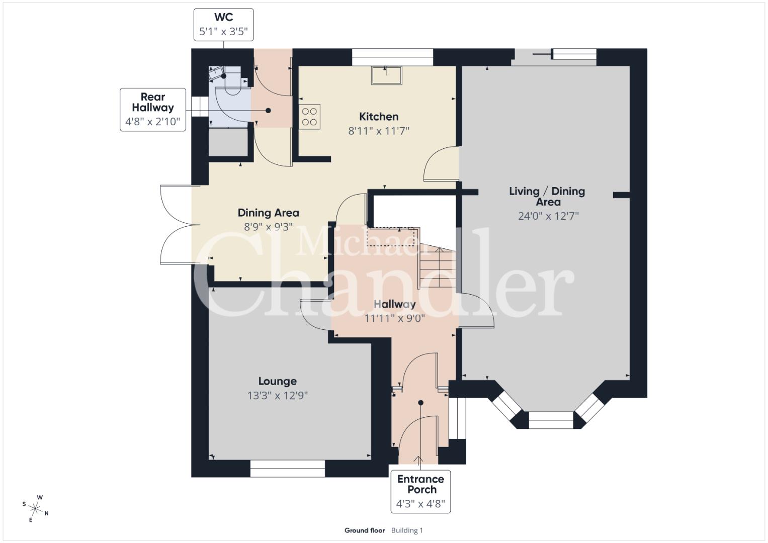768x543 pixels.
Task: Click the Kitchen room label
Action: click(379, 117)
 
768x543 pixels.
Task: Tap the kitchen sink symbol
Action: click(386, 75)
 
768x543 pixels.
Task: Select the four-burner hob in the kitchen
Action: click(309, 117)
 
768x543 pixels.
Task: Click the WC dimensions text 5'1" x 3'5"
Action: click(223, 32)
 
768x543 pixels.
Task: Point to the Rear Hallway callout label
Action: click(153, 102)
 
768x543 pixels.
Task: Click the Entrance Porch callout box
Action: click(420, 491)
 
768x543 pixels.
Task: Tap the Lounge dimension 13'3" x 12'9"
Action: click(277, 396)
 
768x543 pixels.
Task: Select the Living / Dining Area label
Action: click(547, 197)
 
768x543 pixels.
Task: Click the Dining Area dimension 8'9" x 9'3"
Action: click(269, 227)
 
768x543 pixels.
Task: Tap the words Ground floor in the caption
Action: click(365, 530)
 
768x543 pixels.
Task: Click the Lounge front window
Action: click(288, 469)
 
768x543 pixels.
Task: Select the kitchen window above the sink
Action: click(393, 57)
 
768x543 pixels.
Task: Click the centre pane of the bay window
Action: click(551, 420)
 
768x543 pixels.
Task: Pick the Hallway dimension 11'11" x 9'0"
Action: click(394, 318)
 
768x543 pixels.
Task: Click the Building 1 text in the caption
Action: click(407, 530)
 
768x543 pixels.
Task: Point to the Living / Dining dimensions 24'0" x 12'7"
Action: click(548, 216)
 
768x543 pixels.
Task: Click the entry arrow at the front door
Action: click(419, 461)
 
